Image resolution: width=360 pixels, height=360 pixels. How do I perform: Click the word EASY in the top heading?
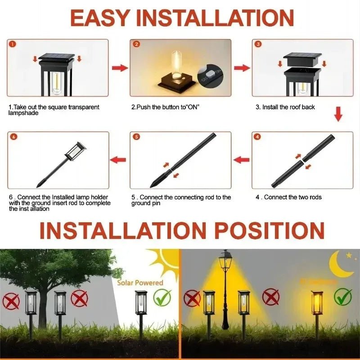pos(100,18)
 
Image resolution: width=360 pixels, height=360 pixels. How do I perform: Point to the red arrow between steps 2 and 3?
pos(242,68)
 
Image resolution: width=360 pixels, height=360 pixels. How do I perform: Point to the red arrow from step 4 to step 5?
pos(242,159)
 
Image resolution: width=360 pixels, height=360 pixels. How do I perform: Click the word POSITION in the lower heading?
pos(269,230)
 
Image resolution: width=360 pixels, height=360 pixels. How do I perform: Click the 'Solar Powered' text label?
pos(140,283)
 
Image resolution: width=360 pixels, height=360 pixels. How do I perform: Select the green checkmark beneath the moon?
pos(343,297)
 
